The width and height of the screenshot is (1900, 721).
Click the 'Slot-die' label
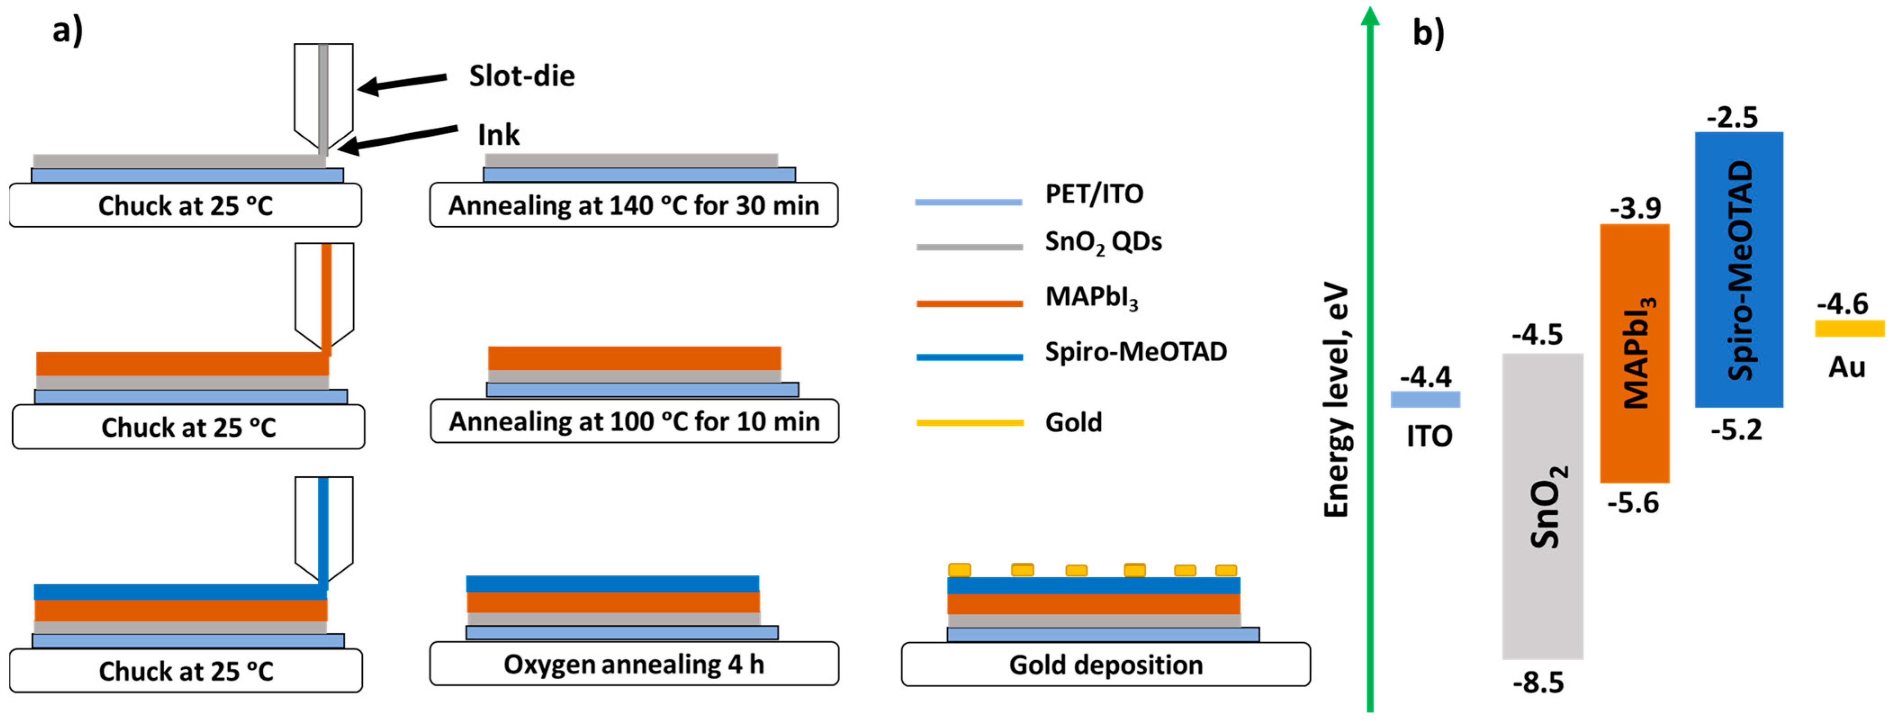click(522, 76)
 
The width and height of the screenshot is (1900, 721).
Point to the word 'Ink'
click(499, 135)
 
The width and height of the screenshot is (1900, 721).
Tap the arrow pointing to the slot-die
click(402, 83)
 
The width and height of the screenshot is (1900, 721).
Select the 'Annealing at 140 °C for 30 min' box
click(634, 205)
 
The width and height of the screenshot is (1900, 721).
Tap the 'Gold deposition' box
click(1106, 664)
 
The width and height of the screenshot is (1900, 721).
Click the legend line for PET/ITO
click(968, 201)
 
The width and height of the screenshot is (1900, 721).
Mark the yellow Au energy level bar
click(1849, 328)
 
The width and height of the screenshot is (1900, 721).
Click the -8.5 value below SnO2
click(1538, 683)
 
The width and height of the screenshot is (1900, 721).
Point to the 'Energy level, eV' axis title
click(1336, 401)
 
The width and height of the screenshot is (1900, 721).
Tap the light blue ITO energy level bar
click(1425, 399)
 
